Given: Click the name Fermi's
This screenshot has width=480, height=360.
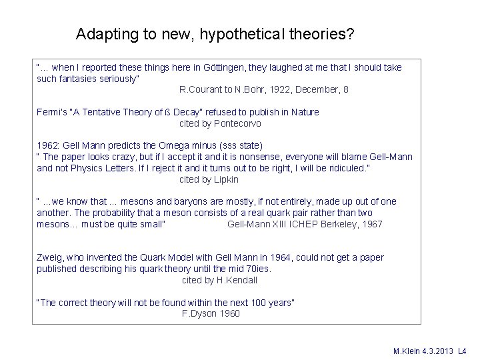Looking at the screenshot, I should point(51,112).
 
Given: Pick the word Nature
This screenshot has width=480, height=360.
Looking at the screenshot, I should point(305,112).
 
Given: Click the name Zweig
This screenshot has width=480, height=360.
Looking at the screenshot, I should point(49,257).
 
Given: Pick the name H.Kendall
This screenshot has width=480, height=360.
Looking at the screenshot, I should point(236,280).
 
